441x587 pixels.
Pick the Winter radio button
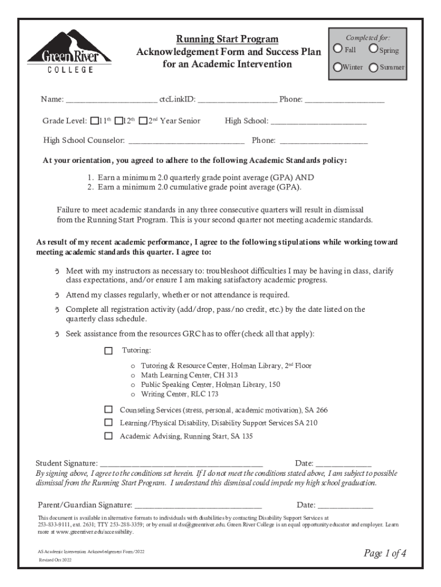point(338,67)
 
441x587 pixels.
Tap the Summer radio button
point(373,67)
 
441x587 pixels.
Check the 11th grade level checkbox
point(94,121)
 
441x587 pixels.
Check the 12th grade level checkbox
point(119,121)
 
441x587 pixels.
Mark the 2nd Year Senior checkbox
point(143,121)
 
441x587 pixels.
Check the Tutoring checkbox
point(109,350)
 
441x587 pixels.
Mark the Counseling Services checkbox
point(108,410)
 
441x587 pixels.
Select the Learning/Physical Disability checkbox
point(108,422)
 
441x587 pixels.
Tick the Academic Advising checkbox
point(108,436)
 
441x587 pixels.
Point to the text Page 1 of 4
point(385,553)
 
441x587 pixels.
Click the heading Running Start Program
point(227,39)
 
